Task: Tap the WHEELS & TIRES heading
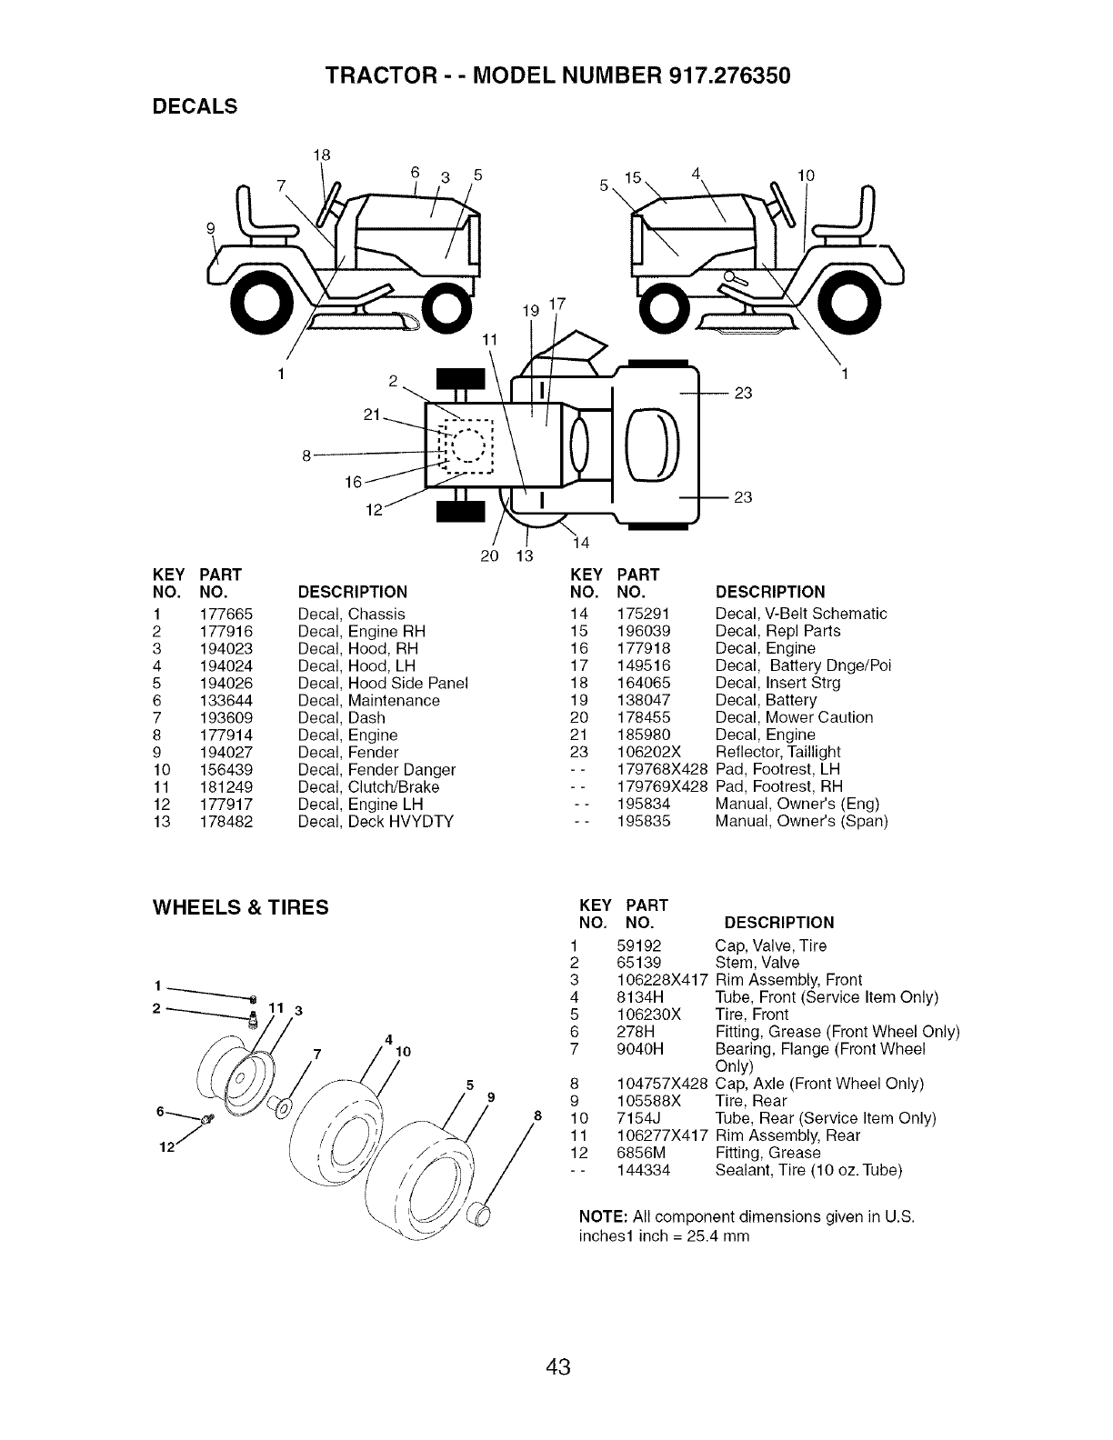240,906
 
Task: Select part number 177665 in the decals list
226,614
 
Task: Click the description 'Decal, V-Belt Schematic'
801,614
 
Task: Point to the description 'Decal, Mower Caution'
794,717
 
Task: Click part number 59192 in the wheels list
638,945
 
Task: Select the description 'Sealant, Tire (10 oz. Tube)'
808,1170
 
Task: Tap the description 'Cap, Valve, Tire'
771,945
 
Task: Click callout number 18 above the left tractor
320,155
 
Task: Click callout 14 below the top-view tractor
581,544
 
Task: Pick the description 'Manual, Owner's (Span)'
801,821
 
